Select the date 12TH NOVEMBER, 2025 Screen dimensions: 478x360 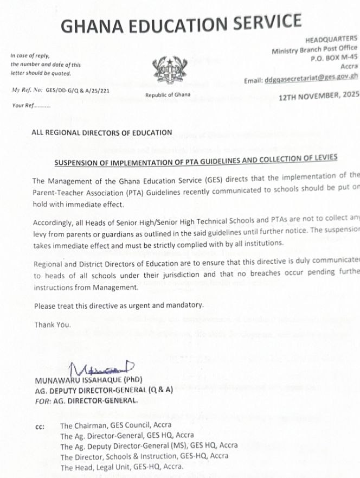pyautogui.click(x=319, y=95)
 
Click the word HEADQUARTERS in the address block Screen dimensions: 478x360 pyautogui.click(x=331, y=39)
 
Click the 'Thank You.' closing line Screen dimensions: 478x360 pyautogui.click(x=52, y=324)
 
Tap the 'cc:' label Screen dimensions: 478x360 pyautogui.click(x=40, y=427)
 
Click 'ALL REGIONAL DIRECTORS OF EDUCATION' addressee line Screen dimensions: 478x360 pyautogui.click(x=101, y=132)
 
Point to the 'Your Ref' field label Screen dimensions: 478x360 pyautogui.click(x=31, y=106)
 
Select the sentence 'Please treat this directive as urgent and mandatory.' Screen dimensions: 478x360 pyautogui.click(x=118, y=306)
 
